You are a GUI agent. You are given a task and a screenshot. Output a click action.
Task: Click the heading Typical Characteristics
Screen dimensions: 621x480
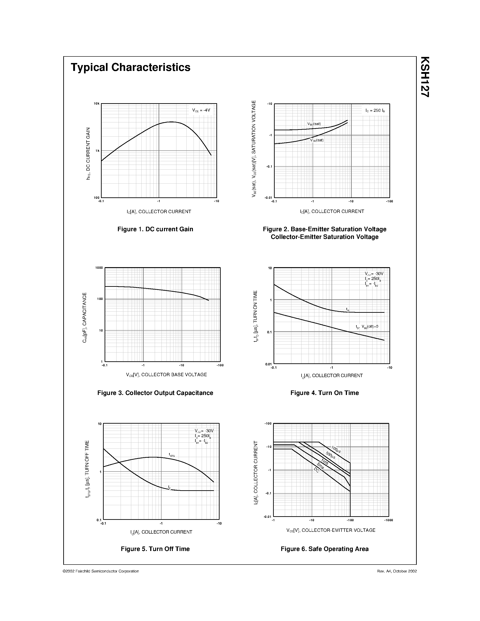coord(131,67)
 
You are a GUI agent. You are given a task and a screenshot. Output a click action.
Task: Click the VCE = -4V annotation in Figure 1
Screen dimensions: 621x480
coord(201,110)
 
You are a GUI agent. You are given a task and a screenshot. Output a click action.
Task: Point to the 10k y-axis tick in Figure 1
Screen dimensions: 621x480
coord(97,103)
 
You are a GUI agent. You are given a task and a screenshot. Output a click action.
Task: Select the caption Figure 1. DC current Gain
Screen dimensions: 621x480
coord(155,229)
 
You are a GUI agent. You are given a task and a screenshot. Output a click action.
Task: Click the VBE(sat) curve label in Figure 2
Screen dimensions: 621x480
coord(314,124)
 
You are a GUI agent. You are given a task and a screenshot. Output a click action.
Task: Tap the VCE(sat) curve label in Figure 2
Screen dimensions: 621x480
coord(317,140)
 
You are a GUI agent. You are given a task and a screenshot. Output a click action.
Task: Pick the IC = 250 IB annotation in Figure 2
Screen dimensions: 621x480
coord(375,110)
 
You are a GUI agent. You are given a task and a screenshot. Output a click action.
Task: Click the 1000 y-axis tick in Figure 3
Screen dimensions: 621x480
coord(99,268)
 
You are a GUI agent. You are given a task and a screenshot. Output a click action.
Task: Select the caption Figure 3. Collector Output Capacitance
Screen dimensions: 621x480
coord(155,393)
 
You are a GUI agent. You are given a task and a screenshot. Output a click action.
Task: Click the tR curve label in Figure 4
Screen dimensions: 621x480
coord(347,309)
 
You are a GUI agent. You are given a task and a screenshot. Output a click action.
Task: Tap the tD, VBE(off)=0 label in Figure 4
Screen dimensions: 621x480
coord(367,327)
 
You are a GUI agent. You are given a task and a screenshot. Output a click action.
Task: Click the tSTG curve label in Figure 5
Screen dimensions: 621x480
coord(171,455)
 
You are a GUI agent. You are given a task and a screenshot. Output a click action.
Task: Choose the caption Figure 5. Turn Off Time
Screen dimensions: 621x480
coord(155,549)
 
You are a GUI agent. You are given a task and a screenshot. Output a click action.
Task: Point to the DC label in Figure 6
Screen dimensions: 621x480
coord(316,470)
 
